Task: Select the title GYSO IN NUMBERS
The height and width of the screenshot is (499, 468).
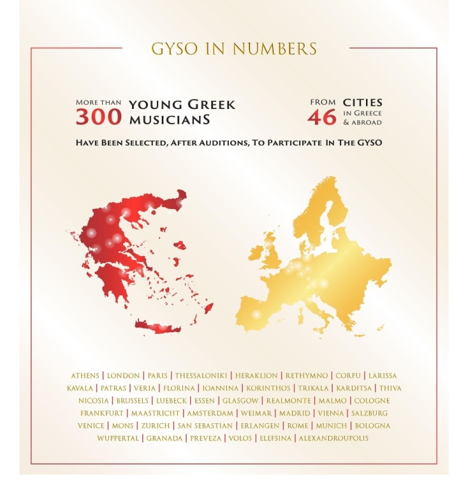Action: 233,48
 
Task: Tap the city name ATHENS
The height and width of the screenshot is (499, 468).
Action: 85,375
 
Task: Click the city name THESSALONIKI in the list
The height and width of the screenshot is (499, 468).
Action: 197,375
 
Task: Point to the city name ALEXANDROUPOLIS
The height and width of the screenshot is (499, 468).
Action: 333,438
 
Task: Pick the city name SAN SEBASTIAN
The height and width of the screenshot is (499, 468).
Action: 205,426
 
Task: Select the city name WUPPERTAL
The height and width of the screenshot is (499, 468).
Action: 119,438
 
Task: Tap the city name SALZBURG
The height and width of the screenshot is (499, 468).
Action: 369,413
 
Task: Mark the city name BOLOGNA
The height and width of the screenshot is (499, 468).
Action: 372,426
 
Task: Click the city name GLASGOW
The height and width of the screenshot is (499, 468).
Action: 240,401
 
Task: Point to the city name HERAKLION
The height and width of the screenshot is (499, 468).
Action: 256,375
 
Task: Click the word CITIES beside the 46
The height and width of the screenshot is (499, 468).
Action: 362,102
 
